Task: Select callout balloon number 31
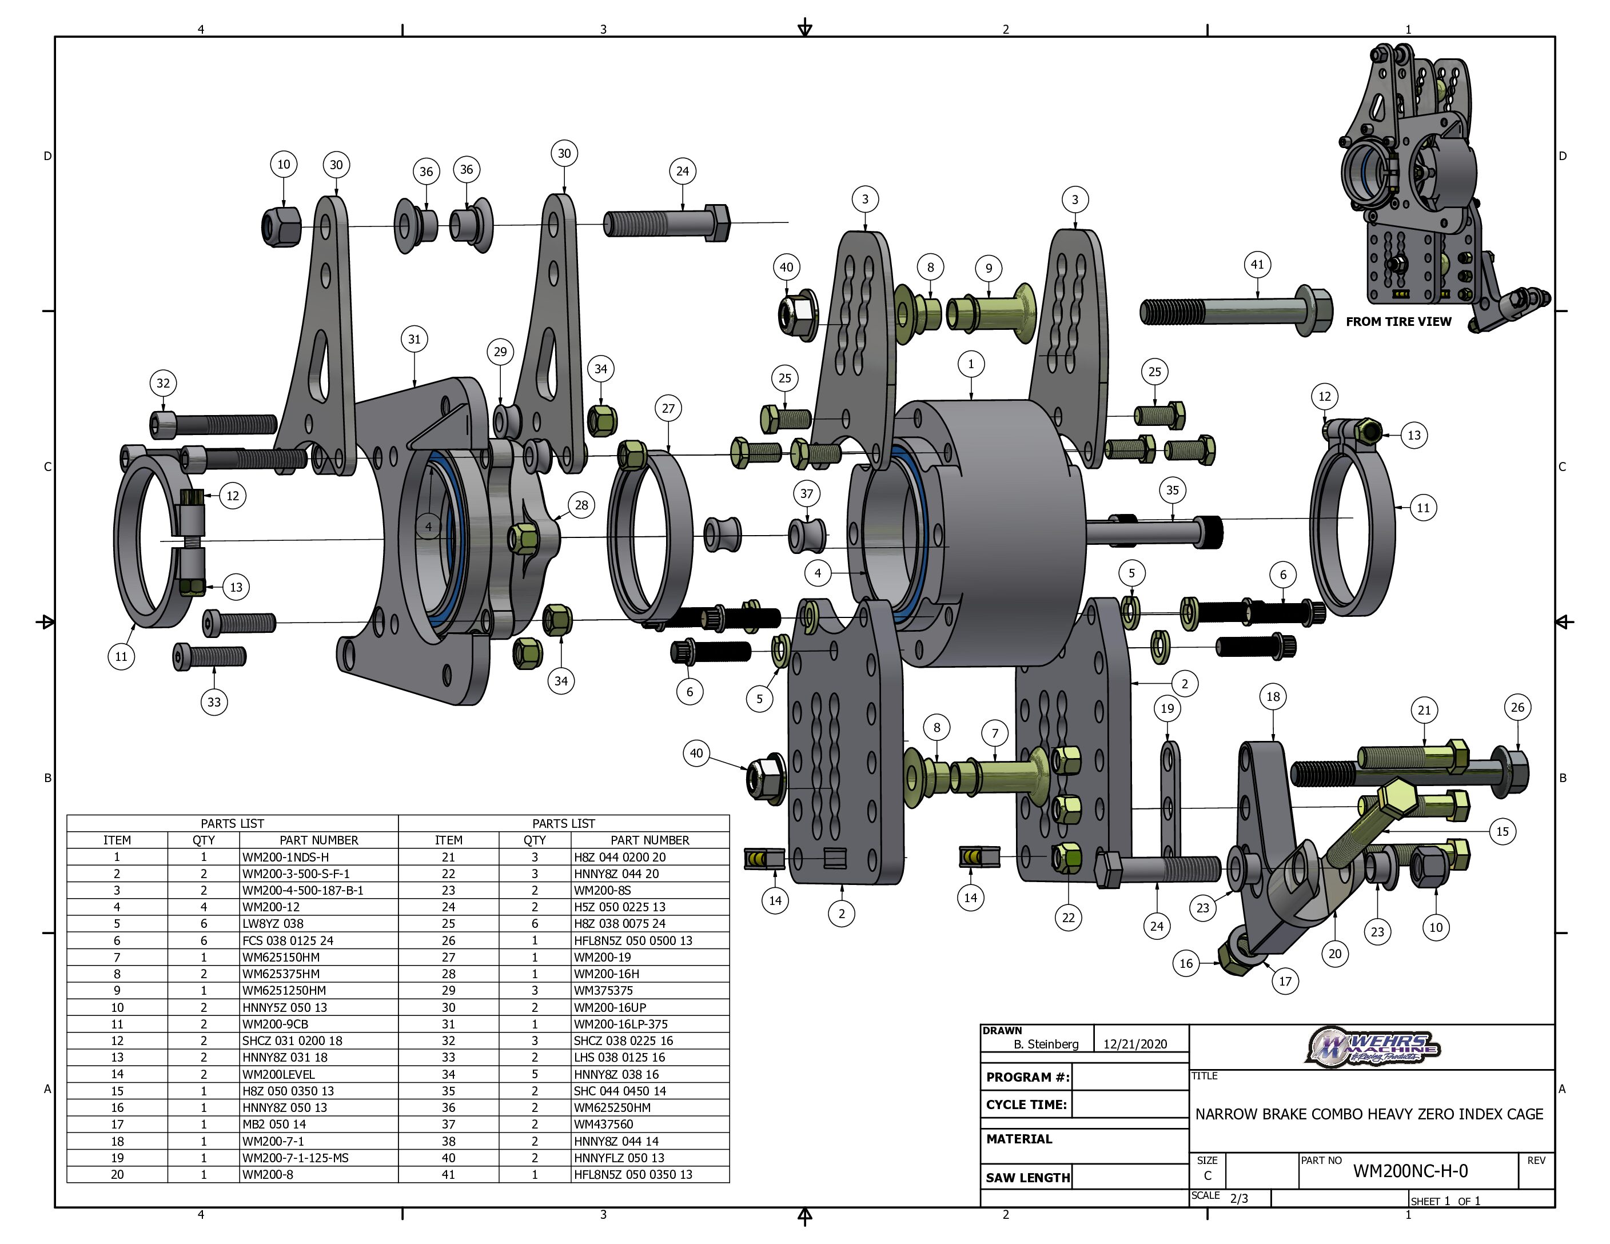[415, 339]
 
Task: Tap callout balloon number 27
[668, 408]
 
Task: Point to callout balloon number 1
[971, 364]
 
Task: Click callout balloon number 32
[163, 383]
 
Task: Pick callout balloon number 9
[989, 268]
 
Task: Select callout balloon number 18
[1273, 696]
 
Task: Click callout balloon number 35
[1172, 490]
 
